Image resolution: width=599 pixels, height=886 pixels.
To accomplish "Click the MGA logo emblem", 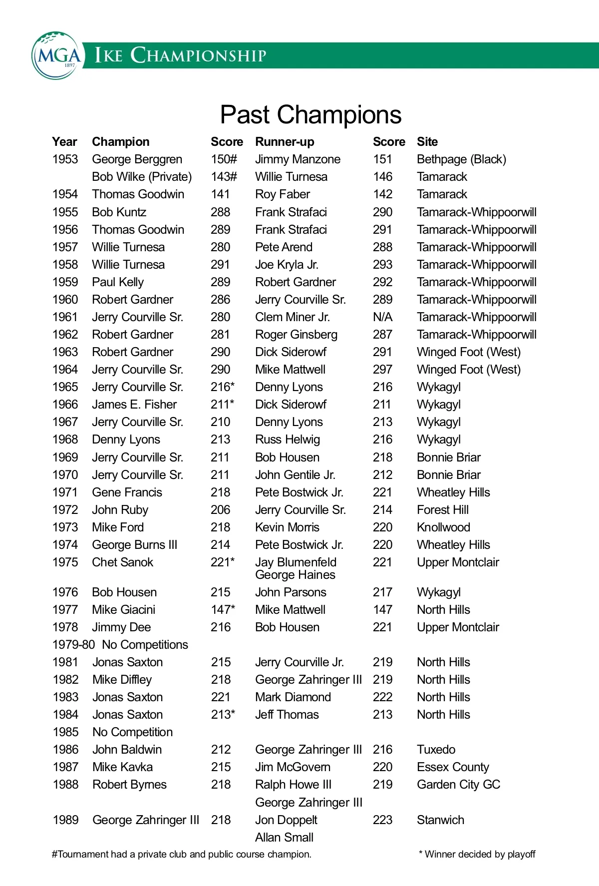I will pyautogui.click(x=56, y=55).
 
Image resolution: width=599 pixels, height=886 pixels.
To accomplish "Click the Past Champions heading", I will pyautogui.click(x=310, y=115).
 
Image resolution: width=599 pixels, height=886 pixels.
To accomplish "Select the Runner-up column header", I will pyautogui.click(x=285, y=142).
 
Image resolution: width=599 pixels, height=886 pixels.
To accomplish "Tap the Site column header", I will pyautogui.click(x=427, y=142).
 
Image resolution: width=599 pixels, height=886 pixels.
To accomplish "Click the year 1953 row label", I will pyautogui.click(x=65, y=159).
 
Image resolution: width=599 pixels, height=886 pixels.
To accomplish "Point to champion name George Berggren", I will pyautogui.click(x=137, y=159).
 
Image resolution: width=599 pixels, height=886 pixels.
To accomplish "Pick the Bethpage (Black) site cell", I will pyautogui.click(x=461, y=159).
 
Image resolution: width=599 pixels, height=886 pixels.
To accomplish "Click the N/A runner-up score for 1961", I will pyautogui.click(x=383, y=317).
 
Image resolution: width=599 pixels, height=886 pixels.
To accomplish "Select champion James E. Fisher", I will pyautogui.click(x=135, y=405).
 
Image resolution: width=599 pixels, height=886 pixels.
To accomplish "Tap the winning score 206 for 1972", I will pyautogui.click(x=220, y=510).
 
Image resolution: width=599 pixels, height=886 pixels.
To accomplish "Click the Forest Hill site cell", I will pyautogui.click(x=443, y=510).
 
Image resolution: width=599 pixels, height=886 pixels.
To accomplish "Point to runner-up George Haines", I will pyautogui.click(x=295, y=575).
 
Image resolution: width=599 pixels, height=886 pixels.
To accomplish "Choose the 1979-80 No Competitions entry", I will pyautogui.click(x=120, y=645).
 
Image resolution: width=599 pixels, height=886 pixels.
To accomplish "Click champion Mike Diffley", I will pyautogui.click(x=122, y=680).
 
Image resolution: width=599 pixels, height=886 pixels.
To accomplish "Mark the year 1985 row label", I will pyautogui.click(x=66, y=732).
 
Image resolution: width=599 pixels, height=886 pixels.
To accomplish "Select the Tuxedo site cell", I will pyautogui.click(x=436, y=750).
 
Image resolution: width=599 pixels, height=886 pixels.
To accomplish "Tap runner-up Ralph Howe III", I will pyautogui.click(x=294, y=785).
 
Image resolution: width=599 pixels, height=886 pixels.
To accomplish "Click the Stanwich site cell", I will pyautogui.click(x=440, y=820).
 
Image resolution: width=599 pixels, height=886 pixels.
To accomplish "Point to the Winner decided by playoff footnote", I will pyautogui.click(x=477, y=855).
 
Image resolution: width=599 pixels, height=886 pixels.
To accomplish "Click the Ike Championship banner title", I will pyautogui.click(x=181, y=55).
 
